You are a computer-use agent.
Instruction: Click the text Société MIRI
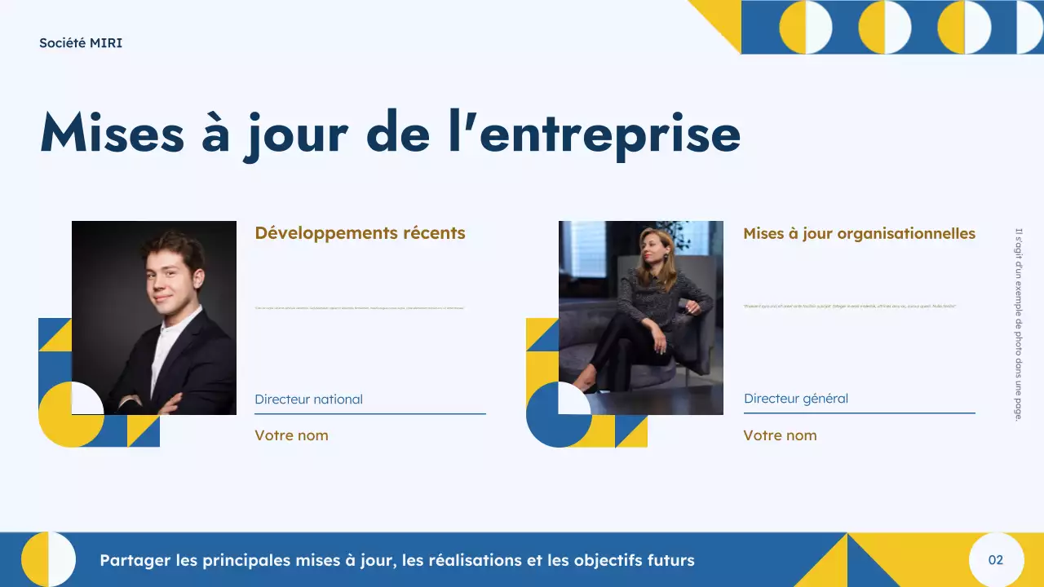[x=81, y=43]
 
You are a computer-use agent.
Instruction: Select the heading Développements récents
[x=360, y=233]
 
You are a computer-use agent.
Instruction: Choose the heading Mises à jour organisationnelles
[x=859, y=234]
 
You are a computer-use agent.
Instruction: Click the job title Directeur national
[x=308, y=399]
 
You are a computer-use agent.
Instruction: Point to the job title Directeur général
[x=795, y=399]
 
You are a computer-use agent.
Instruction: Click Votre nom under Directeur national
[x=291, y=435]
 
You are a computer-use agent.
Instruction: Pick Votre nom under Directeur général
[x=780, y=435]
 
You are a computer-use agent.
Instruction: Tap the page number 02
[x=995, y=560]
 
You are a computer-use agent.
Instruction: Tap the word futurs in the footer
[x=666, y=561]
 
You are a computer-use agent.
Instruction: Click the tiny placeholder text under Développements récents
[x=360, y=307]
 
